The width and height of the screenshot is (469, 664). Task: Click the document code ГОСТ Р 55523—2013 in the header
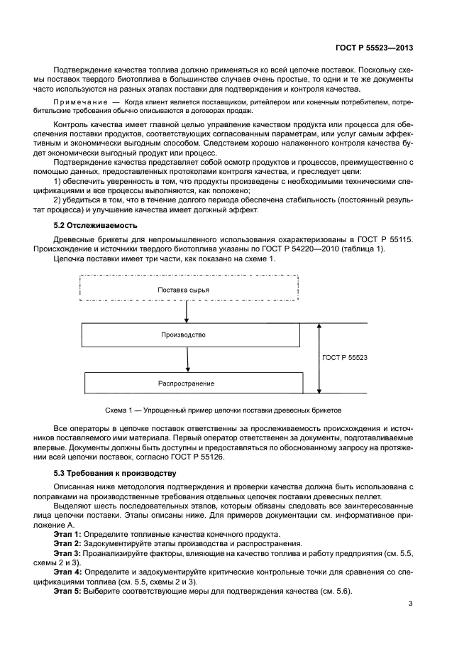click(374, 48)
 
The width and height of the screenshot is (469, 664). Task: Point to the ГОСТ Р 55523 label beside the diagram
click(344, 358)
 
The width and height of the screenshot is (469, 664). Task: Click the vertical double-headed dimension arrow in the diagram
click(319, 358)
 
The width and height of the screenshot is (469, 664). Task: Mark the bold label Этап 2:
click(67, 543)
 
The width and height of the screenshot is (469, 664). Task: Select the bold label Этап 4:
click(67, 572)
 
